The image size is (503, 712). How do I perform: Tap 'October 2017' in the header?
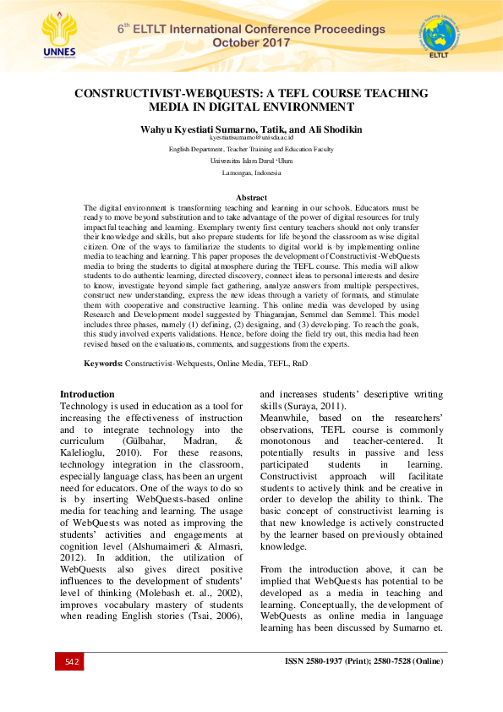(x=251, y=41)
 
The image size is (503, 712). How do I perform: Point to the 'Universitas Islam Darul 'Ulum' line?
(x=251, y=159)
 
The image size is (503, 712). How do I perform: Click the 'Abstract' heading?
(x=251, y=197)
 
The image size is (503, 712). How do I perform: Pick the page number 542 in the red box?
(x=72, y=661)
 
